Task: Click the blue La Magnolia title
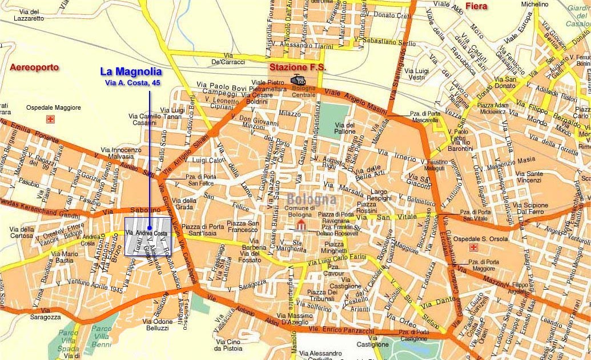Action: pos(131,71)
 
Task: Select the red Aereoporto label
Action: pos(34,67)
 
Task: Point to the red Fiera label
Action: pos(476,7)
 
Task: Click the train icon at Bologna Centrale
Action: pos(298,80)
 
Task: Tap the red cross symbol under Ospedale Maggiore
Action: pos(50,119)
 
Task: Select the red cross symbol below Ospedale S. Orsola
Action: pos(472,247)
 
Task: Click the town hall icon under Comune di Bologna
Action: pos(301,224)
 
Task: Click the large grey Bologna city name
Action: pos(311,199)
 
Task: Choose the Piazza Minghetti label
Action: pos(335,247)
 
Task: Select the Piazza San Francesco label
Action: pos(244,226)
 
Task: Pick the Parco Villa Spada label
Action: pos(68,340)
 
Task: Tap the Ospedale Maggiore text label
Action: pos(53,107)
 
